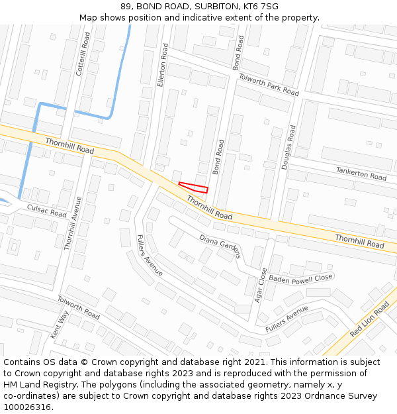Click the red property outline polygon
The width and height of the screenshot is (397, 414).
click(194, 187)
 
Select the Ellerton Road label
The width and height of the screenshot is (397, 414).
click(162, 66)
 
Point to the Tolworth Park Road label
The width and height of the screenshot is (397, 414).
click(269, 84)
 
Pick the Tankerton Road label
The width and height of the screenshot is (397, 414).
click(361, 174)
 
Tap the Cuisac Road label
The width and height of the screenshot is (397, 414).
click(46, 211)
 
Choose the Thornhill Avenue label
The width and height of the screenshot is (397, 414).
click(73, 223)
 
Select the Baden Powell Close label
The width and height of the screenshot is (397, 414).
click(300, 278)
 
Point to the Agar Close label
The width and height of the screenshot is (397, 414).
click(262, 285)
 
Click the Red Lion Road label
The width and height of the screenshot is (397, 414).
click(370, 320)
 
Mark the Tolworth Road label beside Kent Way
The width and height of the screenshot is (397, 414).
click(78, 307)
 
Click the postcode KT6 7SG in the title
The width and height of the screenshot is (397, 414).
click(261, 7)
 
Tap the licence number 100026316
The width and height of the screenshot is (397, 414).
click(27, 407)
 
